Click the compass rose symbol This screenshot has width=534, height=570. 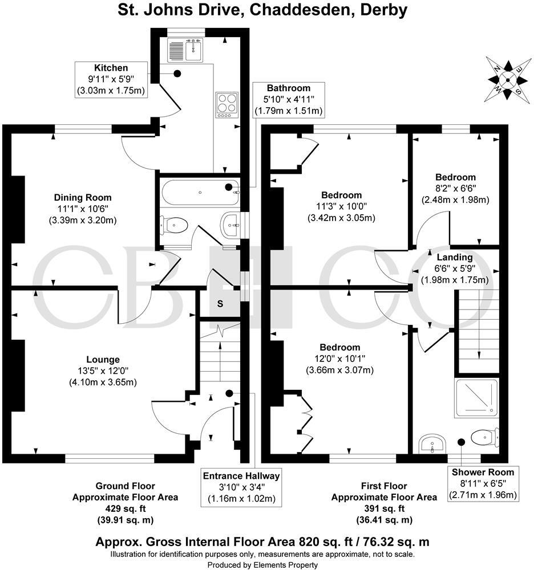506,78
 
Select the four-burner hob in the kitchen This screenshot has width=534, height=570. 226,105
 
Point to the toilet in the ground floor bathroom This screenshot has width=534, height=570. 174,225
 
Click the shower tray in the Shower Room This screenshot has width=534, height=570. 476,398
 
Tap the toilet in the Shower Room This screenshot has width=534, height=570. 484,438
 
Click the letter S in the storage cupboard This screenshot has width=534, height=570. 220,304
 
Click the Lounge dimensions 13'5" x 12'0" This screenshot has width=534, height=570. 103,370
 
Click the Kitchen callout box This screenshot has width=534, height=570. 111,79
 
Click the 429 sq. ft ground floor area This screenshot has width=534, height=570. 125,508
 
